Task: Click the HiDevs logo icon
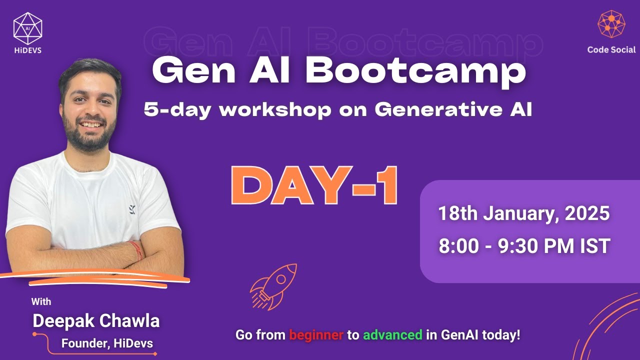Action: [27, 25]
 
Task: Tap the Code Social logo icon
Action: [611, 24]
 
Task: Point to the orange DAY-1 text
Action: [314, 186]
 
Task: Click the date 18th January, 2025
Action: [524, 214]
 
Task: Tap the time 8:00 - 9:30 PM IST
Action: [524, 246]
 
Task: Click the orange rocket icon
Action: [273, 286]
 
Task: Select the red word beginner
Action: [316, 335]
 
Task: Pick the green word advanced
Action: [392, 335]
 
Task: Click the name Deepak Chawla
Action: [96, 321]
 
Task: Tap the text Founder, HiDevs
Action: [107, 343]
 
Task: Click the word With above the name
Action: [41, 302]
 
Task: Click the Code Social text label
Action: [611, 50]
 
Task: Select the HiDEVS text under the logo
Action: [27, 50]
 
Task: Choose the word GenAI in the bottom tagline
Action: [458, 335]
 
